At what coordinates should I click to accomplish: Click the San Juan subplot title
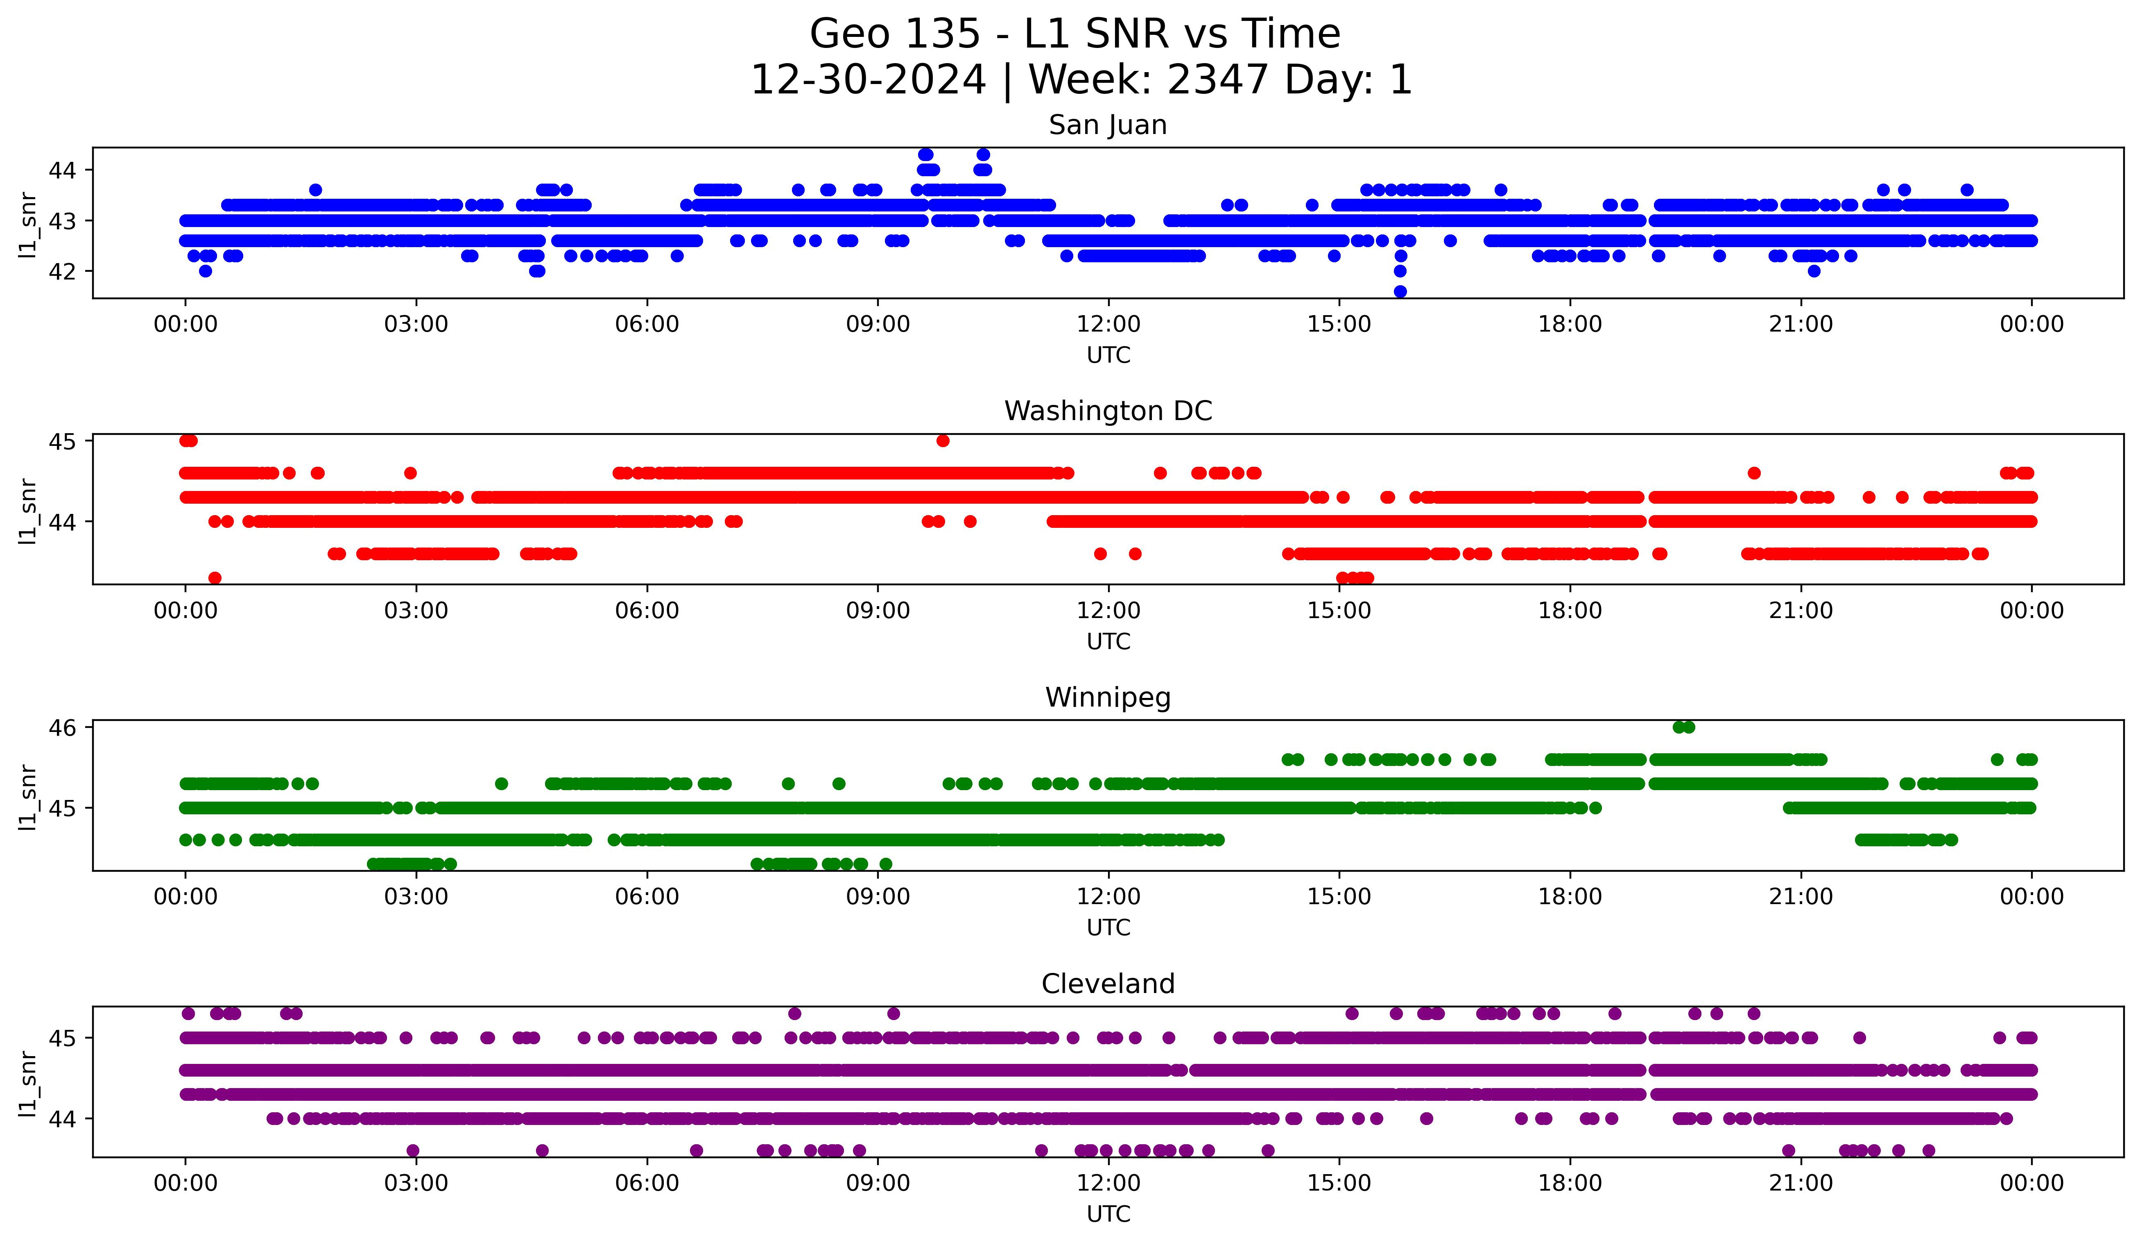[1107, 125]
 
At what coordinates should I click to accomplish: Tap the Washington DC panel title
[1107, 411]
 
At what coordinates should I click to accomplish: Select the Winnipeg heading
[1107, 698]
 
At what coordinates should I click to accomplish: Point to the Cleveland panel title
[1107, 984]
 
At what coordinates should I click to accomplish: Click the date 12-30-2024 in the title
[868, 80]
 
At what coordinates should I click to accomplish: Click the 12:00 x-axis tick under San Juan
[1108, 325]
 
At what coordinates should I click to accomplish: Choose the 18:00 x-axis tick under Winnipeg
[1569, 897]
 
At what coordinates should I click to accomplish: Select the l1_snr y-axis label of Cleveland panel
[28, 1083]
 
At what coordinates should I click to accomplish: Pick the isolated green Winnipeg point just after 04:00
[501, 783]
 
